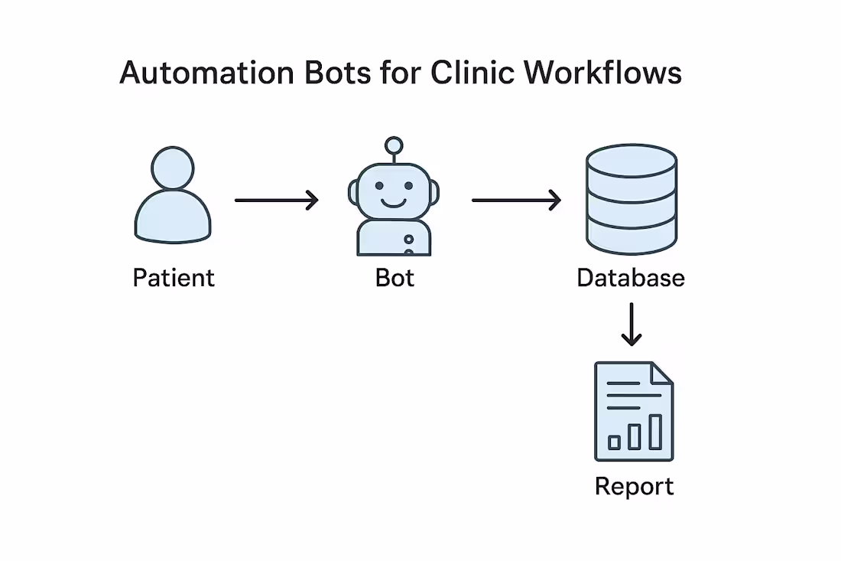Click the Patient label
pyautogui.click(x=174, y=277)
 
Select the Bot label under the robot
pyautogui.click(x=395, y=277)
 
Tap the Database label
pyautogui.click(x=631, y=277)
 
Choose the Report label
pyautogui.click(x=634, y=487)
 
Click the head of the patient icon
pyautogui.click(x=173, y=167)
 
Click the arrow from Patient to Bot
pyautogui.click(x=276, y=201)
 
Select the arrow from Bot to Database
pyautogui.click(x=516, y=201)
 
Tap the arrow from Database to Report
pyautogui.click(x=632, y=325)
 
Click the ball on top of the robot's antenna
pyautogui.click(x=394, y=145)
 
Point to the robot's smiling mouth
pyautogui.click(x=394, y=204)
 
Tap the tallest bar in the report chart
pyautogui.click(x=655, y=432)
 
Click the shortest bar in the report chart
pyautogui.click(x=614, y=442)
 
